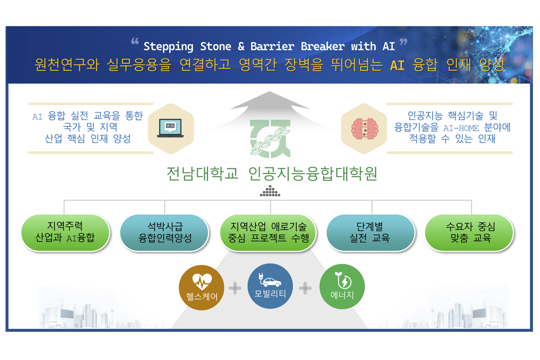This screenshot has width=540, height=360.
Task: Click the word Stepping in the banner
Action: [x=168, y=46]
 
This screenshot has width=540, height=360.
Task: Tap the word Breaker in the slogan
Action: [x=322, y=46]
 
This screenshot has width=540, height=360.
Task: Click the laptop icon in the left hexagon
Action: [x=171, y=128]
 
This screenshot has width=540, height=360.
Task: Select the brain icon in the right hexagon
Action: [x=364, y=128]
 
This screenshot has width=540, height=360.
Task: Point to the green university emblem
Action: [x=271, y=139]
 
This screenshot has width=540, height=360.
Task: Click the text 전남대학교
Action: [x=202, y=173]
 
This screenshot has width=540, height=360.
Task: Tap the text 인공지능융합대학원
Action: [x=313, y=173]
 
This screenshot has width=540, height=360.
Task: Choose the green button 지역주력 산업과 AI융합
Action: [x=65, y=232]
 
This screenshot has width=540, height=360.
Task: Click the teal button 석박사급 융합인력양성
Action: [x=165, y=232]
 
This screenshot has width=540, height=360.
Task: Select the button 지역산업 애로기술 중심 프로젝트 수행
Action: [x=268, y=232]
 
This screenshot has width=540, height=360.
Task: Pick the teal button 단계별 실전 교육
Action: [x=370, y=232]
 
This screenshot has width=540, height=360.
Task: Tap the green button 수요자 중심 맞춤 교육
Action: [x=470, y=232]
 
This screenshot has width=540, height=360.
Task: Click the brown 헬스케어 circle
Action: [x=201, y=287]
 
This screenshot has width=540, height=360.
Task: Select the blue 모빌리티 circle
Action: [x=271, y=286]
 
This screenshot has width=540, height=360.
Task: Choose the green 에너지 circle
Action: [x=342, y=287]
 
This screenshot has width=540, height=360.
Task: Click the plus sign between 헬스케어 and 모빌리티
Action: [x=235, y=288]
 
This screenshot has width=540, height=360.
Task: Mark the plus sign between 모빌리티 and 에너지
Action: [x=306, y=288]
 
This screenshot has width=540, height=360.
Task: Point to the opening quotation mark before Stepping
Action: [x=134, y=42]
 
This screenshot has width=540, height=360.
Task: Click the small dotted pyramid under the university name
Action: [x=270, y=191]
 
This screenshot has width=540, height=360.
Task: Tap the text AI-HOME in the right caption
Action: [x=461, y=128]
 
